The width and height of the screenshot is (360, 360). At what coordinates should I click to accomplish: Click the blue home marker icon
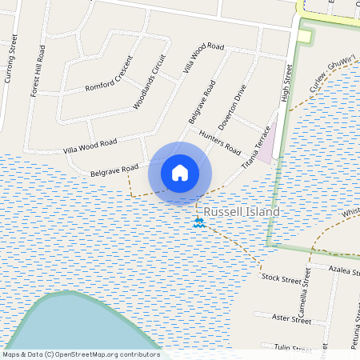coord(180,173)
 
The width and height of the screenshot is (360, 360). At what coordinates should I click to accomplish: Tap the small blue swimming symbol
coord(199,222)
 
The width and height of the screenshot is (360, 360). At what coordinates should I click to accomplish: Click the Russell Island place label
coord(242,213)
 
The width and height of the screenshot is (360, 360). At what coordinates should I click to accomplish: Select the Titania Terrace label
coord(257,147)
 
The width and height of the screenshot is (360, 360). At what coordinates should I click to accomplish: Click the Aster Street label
coord(291,319)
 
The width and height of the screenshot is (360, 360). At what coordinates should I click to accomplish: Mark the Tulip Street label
coord(291,348)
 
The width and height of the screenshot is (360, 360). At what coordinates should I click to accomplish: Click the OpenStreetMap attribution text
coord(80,354)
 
